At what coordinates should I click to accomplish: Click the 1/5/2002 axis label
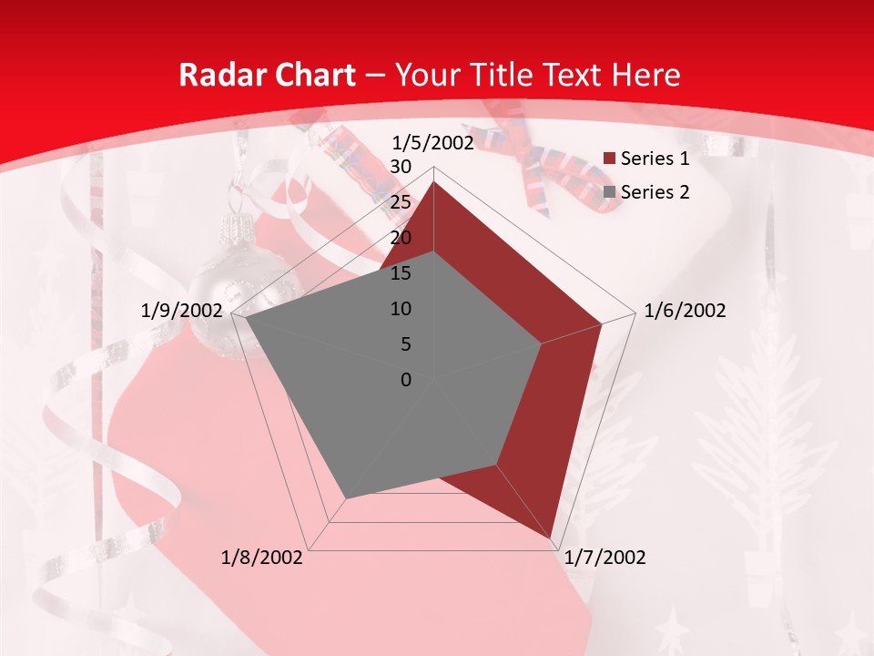[432, 143]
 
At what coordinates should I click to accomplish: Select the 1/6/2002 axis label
[685, 311]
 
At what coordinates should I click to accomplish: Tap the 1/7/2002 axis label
[605, 558]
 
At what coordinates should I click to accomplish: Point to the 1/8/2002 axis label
[262, 558]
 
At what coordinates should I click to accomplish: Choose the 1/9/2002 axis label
[182, 311]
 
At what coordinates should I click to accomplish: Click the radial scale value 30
[401, 167]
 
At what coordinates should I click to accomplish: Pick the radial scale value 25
[401, 202]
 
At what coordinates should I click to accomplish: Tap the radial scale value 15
[401, 273]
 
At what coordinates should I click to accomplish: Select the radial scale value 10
[401, 309]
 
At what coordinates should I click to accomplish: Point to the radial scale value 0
[406, 380]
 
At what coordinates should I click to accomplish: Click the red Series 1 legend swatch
[609, 159]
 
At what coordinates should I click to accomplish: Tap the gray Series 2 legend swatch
[609, 192]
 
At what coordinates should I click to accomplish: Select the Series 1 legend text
[655, 159]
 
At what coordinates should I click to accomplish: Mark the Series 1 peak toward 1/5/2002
[434, 182]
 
